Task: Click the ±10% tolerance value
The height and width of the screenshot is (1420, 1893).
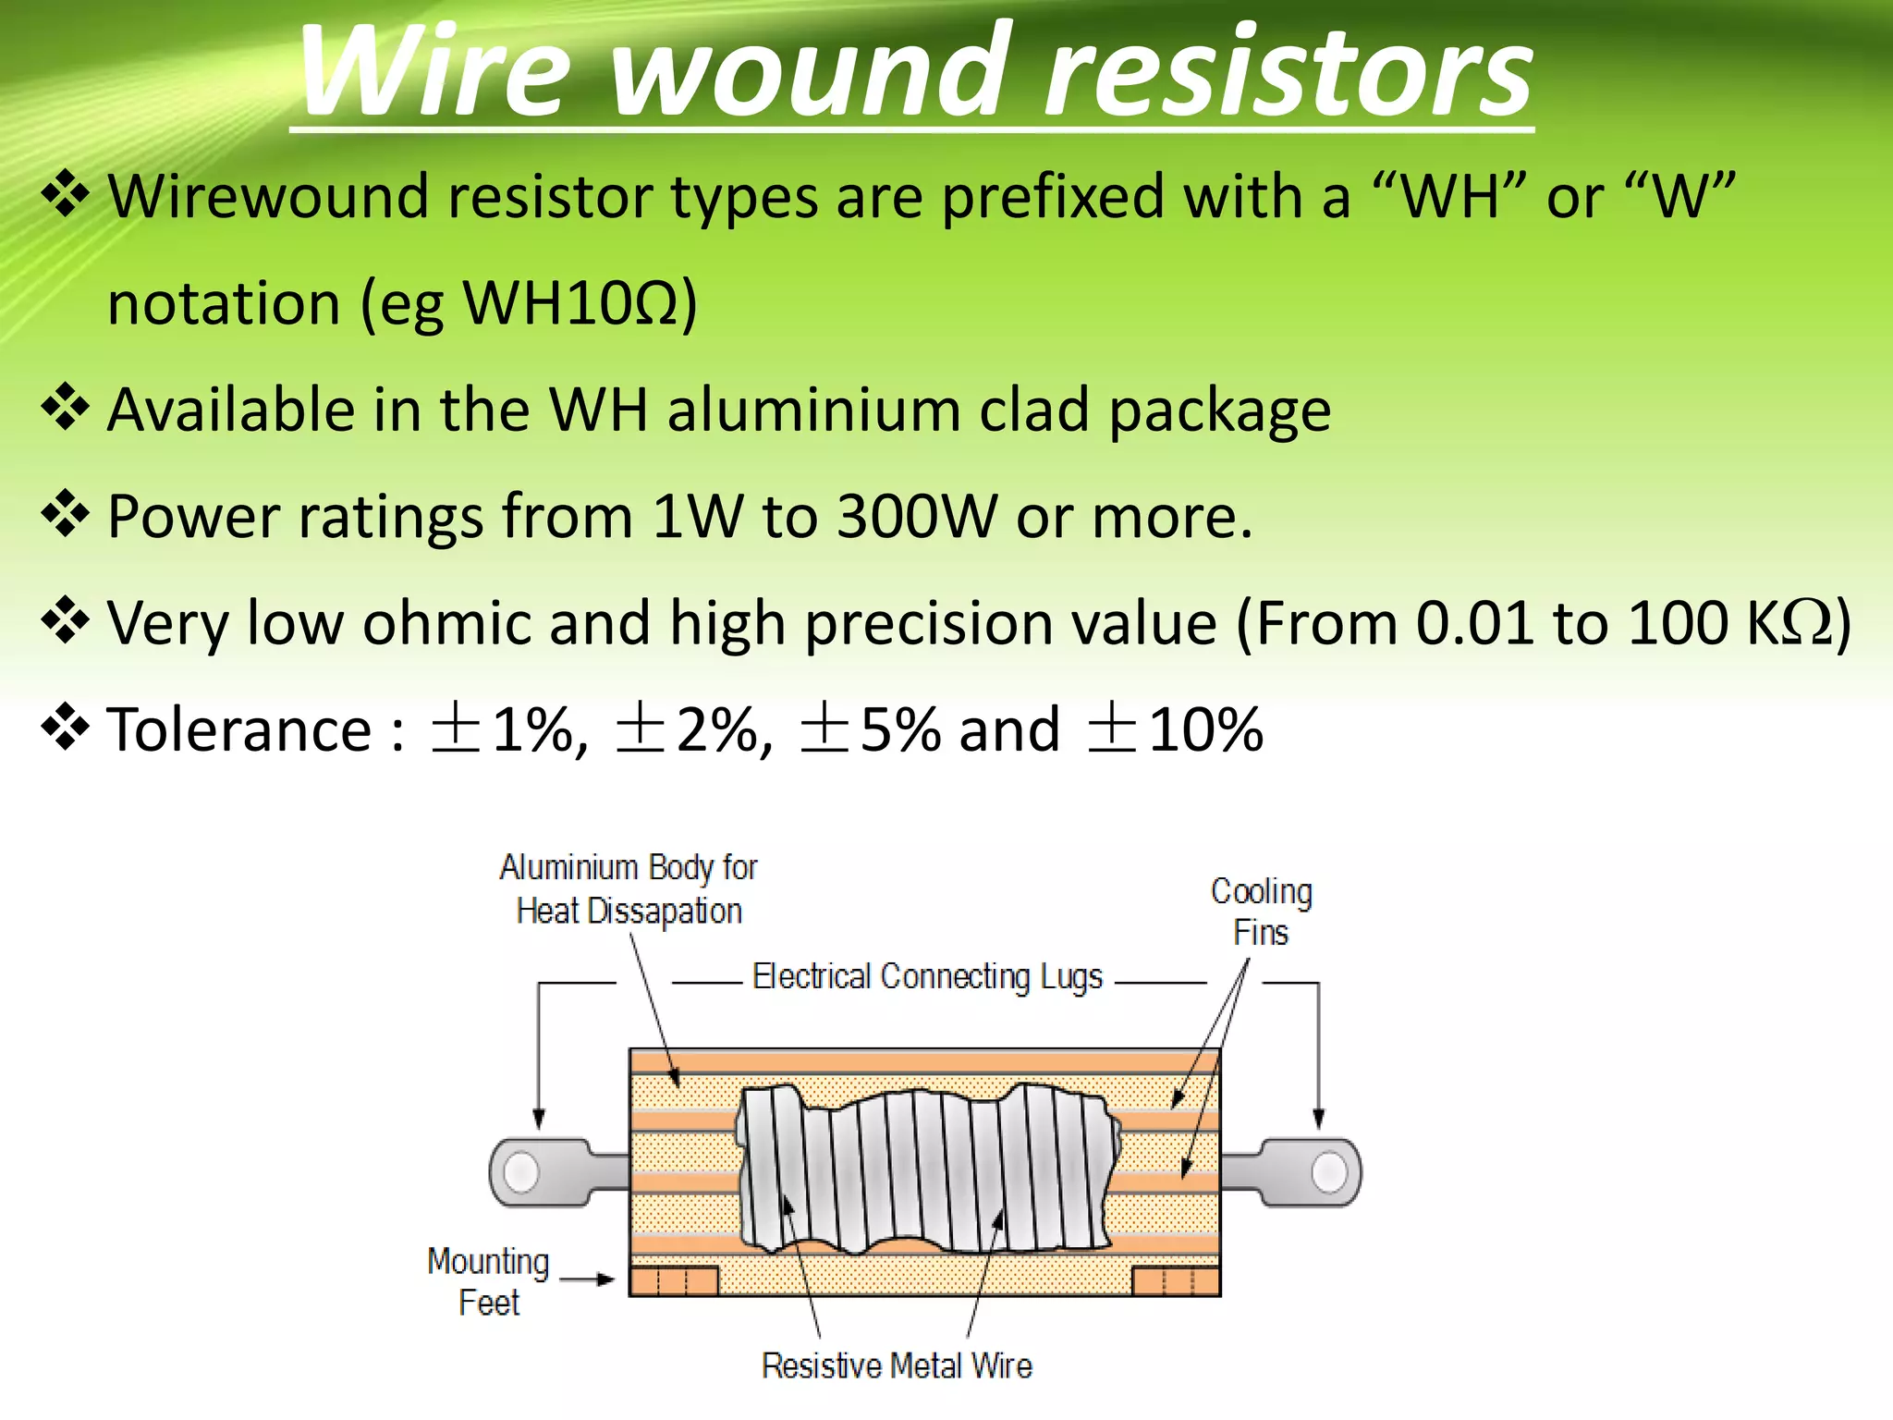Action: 1175,729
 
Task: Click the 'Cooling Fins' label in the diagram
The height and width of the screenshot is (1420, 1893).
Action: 1261,912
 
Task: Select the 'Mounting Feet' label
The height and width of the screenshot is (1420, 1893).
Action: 488,1281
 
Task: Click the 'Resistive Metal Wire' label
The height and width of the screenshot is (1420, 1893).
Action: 896,1365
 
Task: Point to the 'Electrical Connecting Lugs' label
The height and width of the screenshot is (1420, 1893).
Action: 927,977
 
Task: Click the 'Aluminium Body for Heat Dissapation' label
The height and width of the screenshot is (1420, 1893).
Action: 629,889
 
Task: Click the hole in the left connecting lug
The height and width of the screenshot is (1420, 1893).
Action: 520,1172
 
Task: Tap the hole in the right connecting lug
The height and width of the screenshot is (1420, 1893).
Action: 1329,1172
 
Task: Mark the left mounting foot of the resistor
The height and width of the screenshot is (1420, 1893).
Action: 674,1281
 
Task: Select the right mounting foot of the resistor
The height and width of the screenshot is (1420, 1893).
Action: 1176,1281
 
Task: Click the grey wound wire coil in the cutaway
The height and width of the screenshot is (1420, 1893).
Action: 924,1169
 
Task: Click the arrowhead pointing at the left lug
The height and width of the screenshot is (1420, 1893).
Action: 539,1120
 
